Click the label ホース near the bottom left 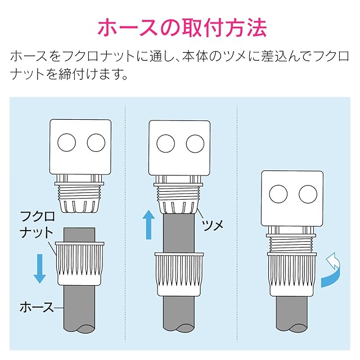(37, 307)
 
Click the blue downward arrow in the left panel (39, 267)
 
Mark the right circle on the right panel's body (308, 195)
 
